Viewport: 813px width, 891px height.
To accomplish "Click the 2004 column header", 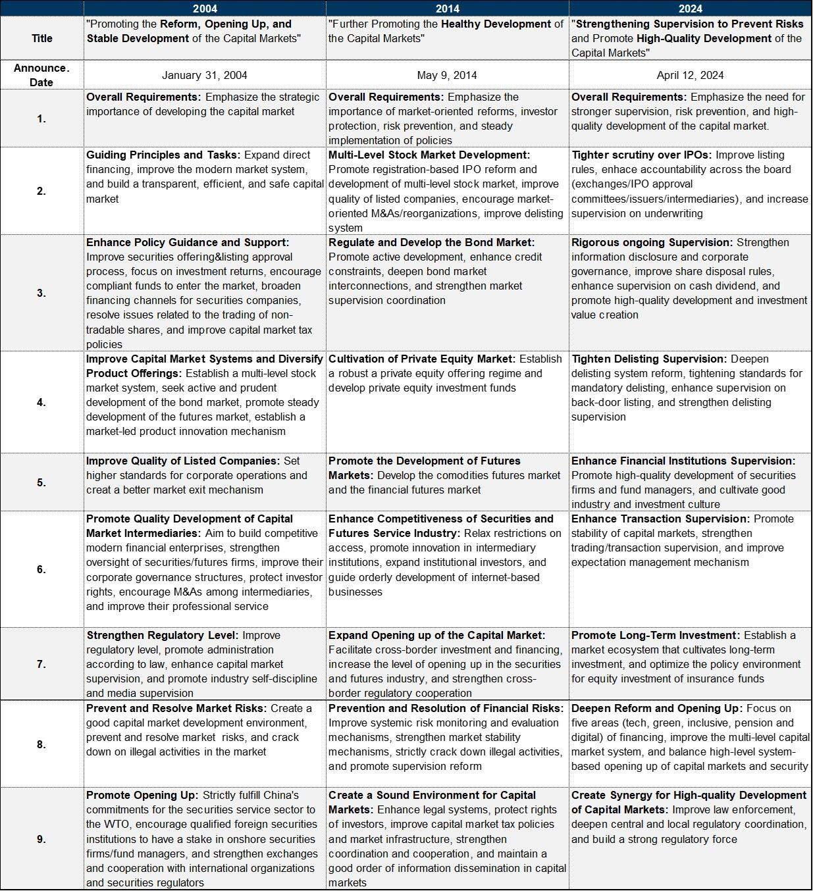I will (x=205, y=9).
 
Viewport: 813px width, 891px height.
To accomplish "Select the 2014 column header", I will (x=447, y=9).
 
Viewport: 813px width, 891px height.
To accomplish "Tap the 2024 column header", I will (x=690, y=9).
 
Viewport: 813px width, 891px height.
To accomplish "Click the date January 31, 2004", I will (x=205, y=75).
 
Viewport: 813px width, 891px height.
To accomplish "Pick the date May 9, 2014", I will (x=447, y=75).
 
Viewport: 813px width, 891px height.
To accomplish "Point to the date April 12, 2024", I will (x=690, y=75).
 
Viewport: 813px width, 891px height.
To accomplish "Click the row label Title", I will (x=42, y=38).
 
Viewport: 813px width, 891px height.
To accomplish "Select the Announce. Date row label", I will (x=41, y=75).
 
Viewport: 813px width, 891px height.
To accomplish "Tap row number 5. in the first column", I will (x=41, y=482).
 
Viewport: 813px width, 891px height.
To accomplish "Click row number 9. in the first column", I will (x=41, y=839).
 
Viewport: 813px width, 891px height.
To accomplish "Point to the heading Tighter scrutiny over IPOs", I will (x=641, y=155).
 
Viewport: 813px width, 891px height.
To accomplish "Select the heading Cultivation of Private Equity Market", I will (x=422, y=359).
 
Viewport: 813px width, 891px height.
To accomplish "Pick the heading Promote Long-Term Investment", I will (x=655, y=636).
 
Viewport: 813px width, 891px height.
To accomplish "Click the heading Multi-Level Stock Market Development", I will (x=429, y=155).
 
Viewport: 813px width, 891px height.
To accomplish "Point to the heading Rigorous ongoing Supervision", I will (x=652, y=243).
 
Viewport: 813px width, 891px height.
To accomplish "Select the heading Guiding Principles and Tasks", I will (x=164, y=155).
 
